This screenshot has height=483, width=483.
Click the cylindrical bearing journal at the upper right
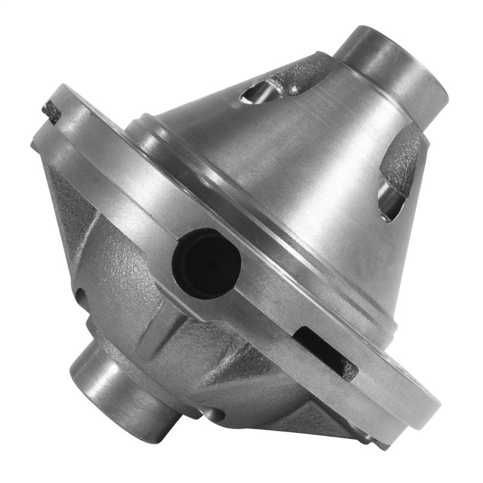click(x=392, y=66)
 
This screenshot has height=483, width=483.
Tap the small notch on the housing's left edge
click(x=79, y=296)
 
